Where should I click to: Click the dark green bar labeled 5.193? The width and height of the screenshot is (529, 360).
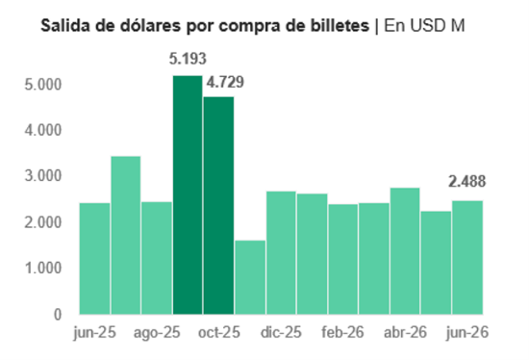[x=188, y=194]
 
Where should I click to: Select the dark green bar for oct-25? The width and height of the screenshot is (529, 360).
[x=218, y=205]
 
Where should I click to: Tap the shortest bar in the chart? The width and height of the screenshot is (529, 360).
[x=250, y=277]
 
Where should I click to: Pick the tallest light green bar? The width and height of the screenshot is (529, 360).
[x=126, y=236]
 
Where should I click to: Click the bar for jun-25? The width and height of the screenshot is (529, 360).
[x=95, y=259]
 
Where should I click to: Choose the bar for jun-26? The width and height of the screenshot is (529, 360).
[x=467, y=258]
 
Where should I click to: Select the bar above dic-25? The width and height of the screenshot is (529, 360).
[x=281, y=253]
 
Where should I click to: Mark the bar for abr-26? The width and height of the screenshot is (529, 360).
[x=405, y=251]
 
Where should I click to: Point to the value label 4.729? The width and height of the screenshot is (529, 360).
[x=225, y=83]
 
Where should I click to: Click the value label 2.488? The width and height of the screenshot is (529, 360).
[x=467, y=182]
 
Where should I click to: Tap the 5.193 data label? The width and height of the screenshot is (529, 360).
[x=188, y=59]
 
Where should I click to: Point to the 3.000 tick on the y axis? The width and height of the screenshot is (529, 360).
[x=43, y=176]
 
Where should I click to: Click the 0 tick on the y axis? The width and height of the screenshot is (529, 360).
[x=58, y=315]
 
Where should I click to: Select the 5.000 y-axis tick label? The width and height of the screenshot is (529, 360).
[x=43, y=85]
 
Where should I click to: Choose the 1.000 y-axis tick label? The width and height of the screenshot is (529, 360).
[x=43, y=269]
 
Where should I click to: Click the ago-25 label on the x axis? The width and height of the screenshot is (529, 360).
[x=157, y=333]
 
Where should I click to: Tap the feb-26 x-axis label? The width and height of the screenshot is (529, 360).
[x=342, y=332]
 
